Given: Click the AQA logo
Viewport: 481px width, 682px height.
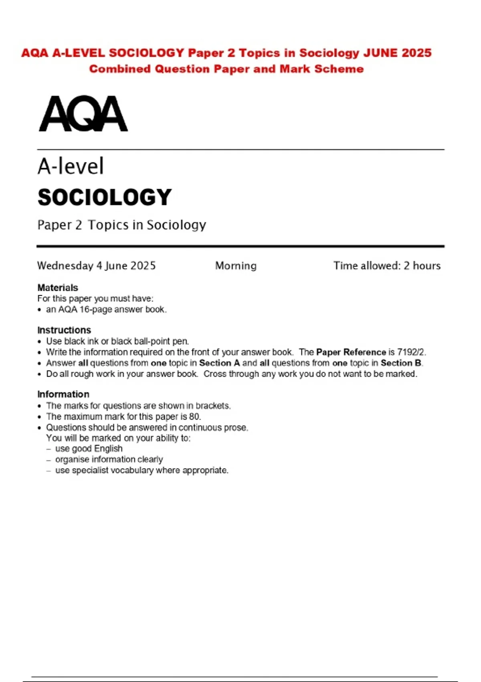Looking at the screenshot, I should coord(83,114).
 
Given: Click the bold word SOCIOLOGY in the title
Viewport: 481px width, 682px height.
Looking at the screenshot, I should coord(105,197).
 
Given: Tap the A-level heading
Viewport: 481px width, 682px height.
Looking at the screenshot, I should coord(71,166).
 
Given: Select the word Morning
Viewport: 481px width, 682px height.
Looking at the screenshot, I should coord(236,266).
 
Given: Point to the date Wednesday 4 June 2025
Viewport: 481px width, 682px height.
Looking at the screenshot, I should coord(96,266).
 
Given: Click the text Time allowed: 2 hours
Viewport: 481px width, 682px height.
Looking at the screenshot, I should coord(387,266).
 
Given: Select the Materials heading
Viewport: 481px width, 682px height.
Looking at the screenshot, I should coord(58,288).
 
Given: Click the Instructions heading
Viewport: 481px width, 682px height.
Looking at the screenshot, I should coord(64,330).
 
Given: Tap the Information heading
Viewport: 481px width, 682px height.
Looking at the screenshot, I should coord(63,394).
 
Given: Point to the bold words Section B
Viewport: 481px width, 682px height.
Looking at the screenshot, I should coord(401,363).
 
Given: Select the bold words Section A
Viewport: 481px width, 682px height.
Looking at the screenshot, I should coord(219,363).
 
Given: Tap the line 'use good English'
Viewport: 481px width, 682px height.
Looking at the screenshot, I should coord(89,449).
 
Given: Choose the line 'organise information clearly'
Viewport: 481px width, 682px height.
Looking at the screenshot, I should coord(109,459).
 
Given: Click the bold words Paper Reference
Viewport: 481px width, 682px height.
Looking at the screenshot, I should coord(351,352).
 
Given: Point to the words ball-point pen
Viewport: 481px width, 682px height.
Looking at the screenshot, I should coord(168,341).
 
